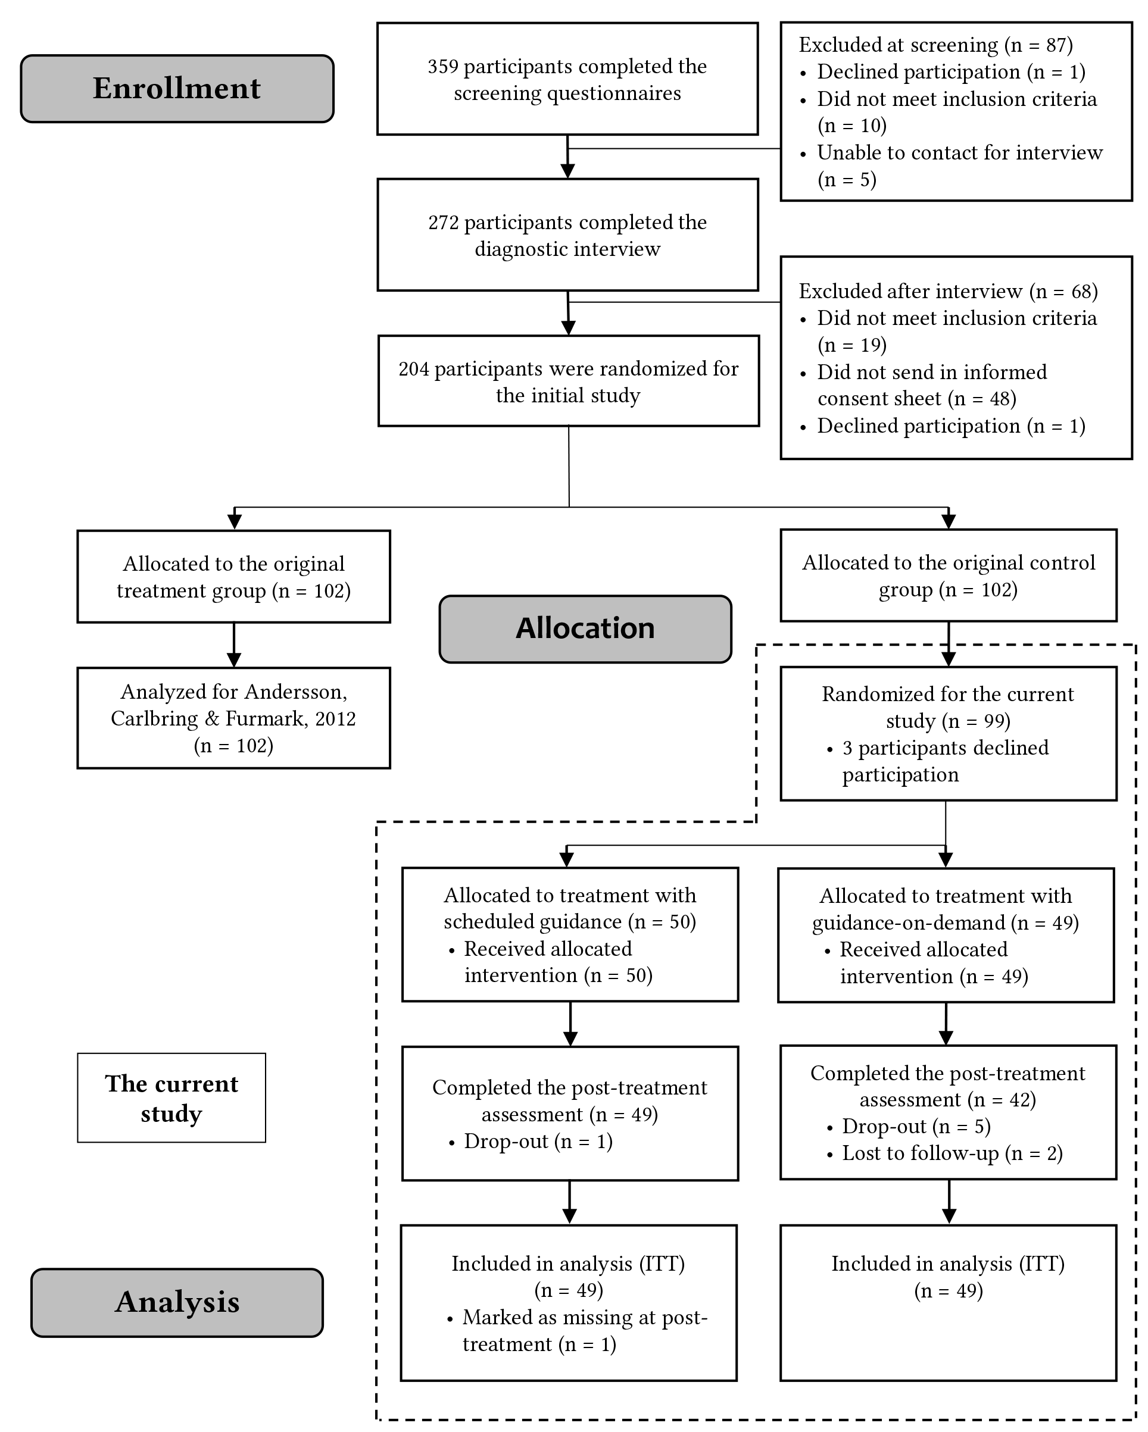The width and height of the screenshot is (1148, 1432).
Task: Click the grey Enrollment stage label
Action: click(177, 88)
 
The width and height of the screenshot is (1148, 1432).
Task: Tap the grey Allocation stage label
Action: click(585, 629)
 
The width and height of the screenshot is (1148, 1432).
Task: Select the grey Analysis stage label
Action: click(177, 1302)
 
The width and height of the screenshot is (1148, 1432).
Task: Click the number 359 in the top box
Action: click(442, 67)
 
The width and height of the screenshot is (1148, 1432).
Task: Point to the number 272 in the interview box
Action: click(443, 223)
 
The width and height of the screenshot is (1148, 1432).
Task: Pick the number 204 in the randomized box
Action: click(414, 369)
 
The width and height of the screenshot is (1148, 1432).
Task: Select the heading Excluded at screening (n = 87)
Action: click(935, 45)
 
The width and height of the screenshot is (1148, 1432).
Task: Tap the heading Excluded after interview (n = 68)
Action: click(948, 292)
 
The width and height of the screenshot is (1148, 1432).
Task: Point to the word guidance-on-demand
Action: click(908, 923)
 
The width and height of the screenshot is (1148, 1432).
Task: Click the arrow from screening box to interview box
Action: click(567, 157)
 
